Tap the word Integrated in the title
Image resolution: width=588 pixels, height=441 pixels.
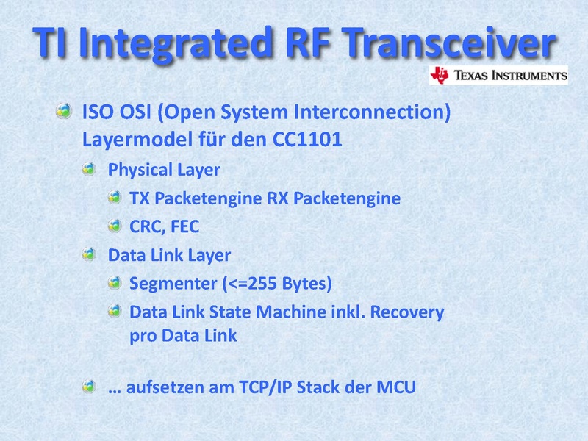click(x=175, y=45)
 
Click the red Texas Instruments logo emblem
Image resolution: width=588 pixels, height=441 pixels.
click(x=440, y=75)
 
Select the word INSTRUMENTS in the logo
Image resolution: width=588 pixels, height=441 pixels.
click(x=529, y=76)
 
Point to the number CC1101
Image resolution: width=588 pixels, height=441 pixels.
click(x=307, y=139)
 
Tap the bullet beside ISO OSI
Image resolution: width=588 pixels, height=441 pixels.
click(x=64, y=111)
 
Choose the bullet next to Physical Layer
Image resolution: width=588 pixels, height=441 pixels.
click(x=89, y=169)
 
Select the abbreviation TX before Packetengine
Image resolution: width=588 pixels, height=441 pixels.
click(x=140, y=198)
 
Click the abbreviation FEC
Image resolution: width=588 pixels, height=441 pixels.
click(x=185, y=226)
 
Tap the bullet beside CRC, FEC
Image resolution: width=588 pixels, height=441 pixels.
click(x=115, y=226)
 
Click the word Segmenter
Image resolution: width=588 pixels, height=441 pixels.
click(x=173, y=284)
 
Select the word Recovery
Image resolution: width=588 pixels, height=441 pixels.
click(x=407, y=312)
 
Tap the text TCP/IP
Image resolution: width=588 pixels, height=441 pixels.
click(x=265, y=387)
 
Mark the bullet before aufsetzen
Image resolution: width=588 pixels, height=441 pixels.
click(x=89, y=387)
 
